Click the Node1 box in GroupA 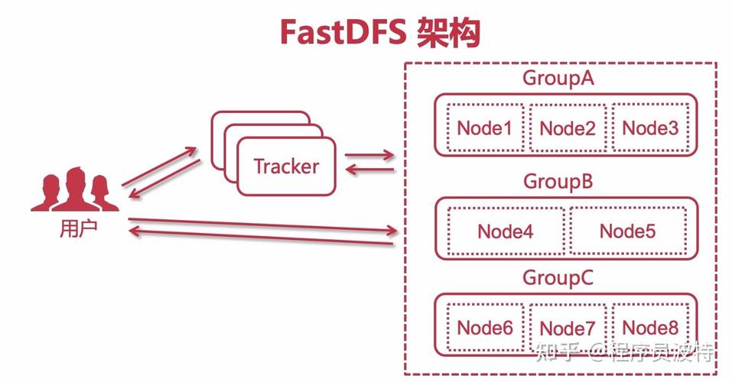tap(484, 128)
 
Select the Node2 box tap(567, 128)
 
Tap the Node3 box tap(650, 128)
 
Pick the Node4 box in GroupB tap(505, 231)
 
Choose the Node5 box tap(627, 231)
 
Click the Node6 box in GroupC tap(484, 328)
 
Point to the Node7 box tap(567, 329)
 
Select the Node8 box tap(650, 328)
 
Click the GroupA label tap(558, 78)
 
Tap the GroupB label tap(558, 182)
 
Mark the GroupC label tap(558, 278)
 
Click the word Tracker tap(286, 166)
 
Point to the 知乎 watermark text tap(557, 352)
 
